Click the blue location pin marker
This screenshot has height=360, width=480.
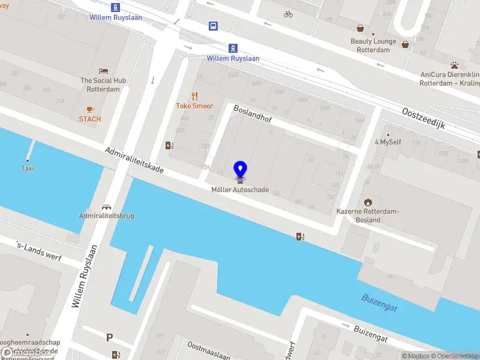(x=240, y=169)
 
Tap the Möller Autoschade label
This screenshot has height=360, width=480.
(x=240, y=190)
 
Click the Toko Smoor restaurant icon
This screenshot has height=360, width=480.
(x=194, y=96)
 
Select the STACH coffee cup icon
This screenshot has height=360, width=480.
(x=90, y=109)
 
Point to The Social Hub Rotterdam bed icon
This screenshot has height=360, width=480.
(x=103, y=71)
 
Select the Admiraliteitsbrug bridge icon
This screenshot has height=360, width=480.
(x=107, y=206)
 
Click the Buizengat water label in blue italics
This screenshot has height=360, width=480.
(x=379, y=302)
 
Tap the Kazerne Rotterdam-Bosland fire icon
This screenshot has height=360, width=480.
(x=368, y=203)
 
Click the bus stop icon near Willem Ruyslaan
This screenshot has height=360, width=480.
(x=213, y=26)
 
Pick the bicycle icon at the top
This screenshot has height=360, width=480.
(x=289, y=14)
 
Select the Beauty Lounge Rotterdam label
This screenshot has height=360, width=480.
(x=373, y=46)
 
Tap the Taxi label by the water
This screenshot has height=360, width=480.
(x=28, y=168)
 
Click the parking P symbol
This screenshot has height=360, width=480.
(x=110, y=338)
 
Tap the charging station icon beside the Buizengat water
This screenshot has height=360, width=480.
(x=300, y=236)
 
